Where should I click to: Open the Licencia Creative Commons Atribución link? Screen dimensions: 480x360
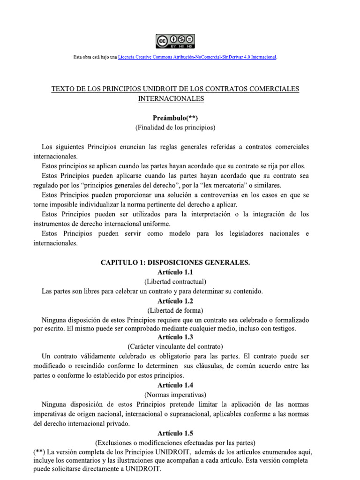[x=197, y=57]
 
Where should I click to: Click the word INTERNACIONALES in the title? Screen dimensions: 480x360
[x=171, y=98]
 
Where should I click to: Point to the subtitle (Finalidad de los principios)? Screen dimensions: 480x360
[x=175, y=127]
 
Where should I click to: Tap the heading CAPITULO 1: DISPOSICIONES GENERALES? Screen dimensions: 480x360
[x=175, y=263]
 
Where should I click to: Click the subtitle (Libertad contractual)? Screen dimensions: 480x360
[x=175, y=282]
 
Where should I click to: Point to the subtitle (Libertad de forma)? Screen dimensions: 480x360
[x=175, y=310]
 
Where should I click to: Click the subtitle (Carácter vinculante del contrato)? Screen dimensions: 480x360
[x=175, y=347]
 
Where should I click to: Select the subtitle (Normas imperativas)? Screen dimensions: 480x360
[x=175, y=394]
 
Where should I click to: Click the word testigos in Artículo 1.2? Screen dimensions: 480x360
[x=281, y=329]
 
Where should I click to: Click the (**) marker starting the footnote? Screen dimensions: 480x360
[x=39, y=452]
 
